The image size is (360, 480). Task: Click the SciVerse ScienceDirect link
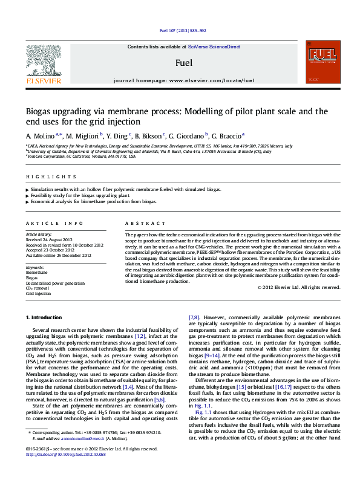coord(214,47)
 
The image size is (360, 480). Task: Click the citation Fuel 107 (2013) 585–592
coord(180,31)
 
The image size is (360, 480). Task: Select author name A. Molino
coord(40,136)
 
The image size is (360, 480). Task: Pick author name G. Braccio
coord(224,136)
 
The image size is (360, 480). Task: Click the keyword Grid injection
coord(38,293)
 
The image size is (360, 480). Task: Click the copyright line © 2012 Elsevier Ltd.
coord(299,287)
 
